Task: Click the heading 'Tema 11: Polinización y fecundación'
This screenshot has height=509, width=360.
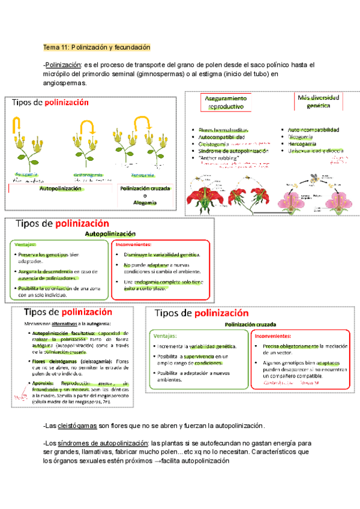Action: click(96, 47)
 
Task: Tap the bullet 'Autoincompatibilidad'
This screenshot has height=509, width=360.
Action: click(313, 130)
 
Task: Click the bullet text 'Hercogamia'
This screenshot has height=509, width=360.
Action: click(304, 144)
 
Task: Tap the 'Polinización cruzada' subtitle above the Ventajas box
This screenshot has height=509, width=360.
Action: click(246, 324)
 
